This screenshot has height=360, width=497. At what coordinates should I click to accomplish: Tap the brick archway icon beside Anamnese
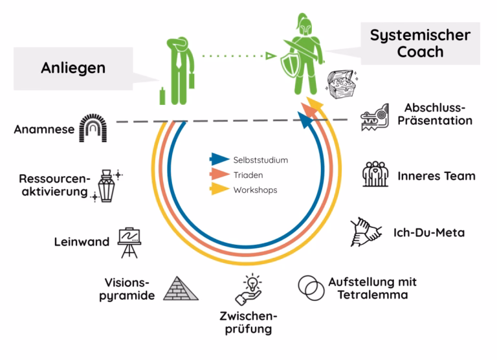92,128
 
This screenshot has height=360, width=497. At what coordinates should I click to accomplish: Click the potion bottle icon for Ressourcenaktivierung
106,186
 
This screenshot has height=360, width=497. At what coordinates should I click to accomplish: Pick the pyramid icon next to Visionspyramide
181,289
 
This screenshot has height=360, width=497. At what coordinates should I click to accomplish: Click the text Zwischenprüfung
248,322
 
